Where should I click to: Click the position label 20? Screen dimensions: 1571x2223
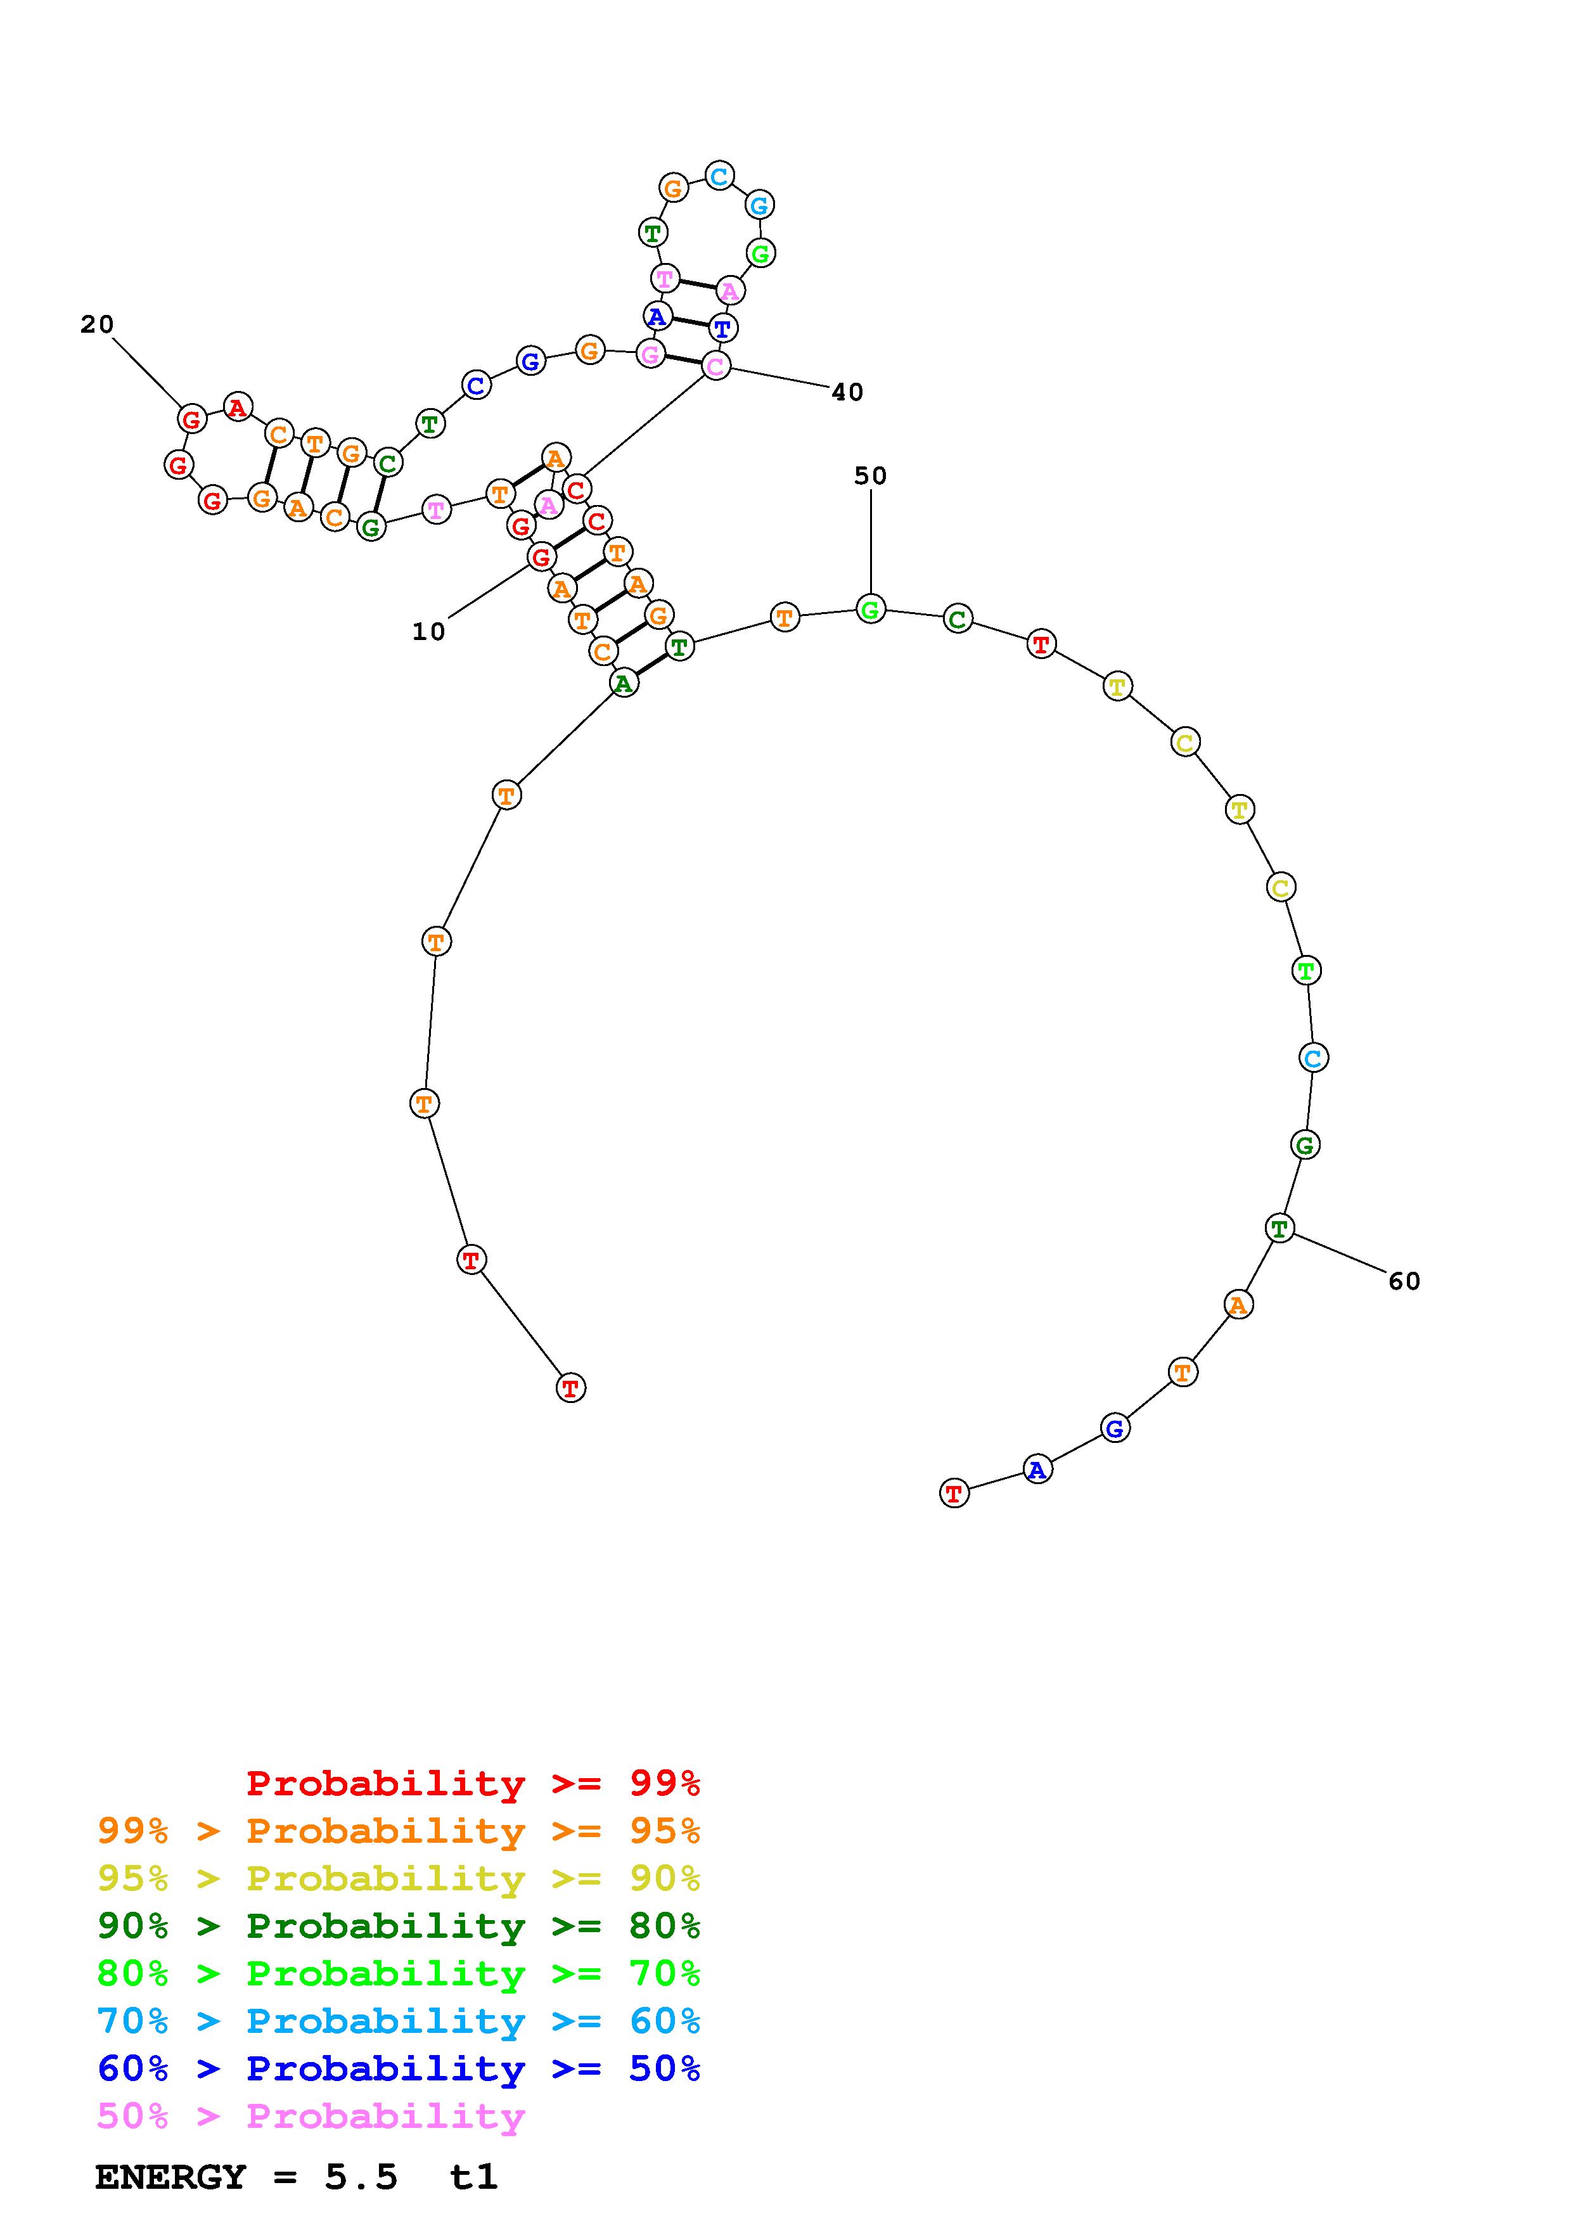pyautogui.click(x=97, y=324)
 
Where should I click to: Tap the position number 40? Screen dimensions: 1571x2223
pyautogui.click(x=847, y=392)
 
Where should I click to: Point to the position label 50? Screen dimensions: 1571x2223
pyautogui.click(x=870, y=475)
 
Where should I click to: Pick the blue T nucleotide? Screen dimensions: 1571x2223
pyautogui.click(x=722, y=328)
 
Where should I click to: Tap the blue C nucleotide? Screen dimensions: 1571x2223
pyautogui.click(x=475, y=385)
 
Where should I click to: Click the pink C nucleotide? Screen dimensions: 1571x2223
pyautogui.click(x=715, y=366)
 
